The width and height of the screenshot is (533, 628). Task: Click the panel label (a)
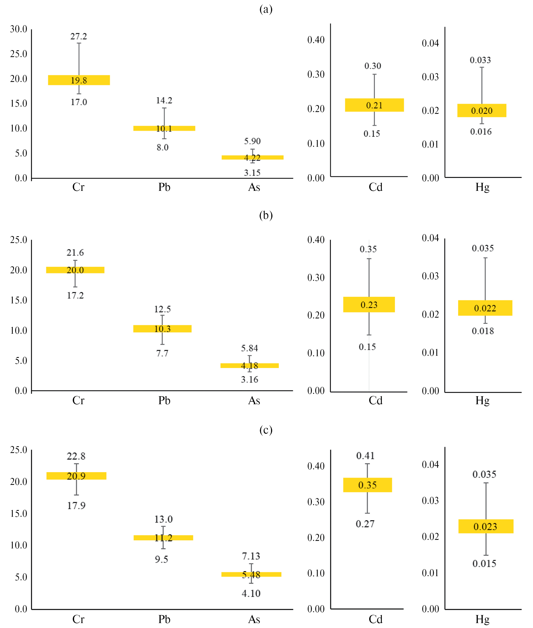click(266, 9)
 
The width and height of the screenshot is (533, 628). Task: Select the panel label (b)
click(266, 215)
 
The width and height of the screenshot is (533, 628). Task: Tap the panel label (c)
click(266, 430)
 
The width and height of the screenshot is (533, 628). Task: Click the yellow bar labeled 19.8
click(79, 80)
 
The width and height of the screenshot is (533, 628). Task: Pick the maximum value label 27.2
click(79, 37)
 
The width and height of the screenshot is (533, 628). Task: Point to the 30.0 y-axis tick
click(18, 29)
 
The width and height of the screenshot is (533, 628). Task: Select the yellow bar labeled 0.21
click(374, 105)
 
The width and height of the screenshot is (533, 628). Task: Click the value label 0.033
click(480, 60)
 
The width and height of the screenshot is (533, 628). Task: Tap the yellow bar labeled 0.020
click(482, 111)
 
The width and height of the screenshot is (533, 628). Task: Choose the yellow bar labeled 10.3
click(162, 329)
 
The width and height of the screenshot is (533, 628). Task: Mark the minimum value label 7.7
click(162, 353)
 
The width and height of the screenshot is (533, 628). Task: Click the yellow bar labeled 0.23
click(369, 304)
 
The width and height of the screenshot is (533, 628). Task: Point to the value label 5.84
click(249, 348)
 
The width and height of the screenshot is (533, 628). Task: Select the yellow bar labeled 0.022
click(485, 308)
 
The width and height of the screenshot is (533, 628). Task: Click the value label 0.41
click(365, 456)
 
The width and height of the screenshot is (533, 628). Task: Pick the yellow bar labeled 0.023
click(486, 526)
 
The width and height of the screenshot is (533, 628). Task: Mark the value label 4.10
click(251, 593)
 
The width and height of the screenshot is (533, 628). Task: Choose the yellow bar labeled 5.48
click(251, 575)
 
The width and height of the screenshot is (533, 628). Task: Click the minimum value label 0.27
click(365, 524)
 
